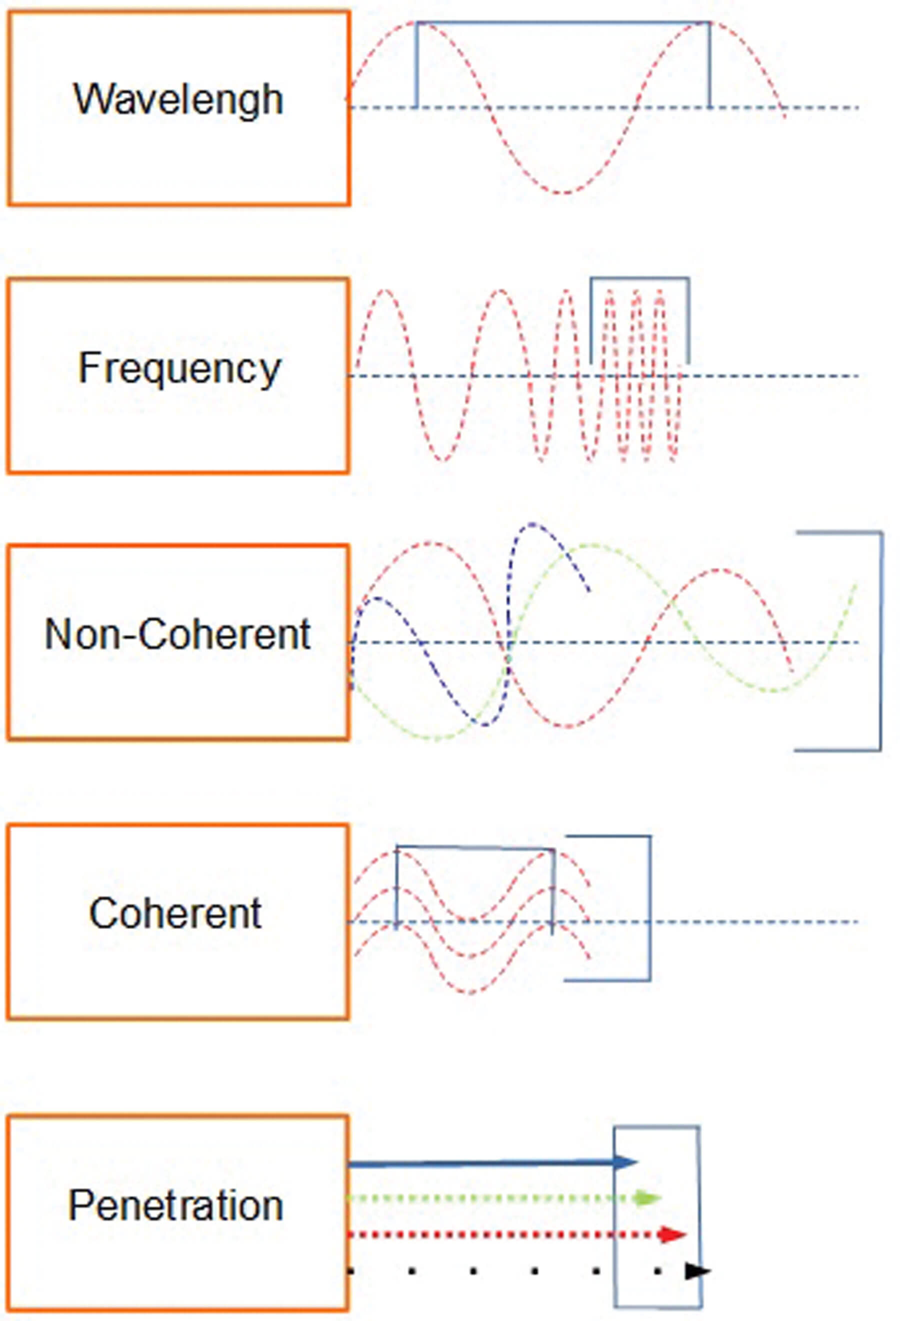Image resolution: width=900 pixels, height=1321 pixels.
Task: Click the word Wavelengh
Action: click(178, 100)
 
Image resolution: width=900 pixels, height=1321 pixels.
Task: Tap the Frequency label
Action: click(179, 368)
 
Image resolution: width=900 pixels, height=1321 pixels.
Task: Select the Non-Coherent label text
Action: click(177, 634)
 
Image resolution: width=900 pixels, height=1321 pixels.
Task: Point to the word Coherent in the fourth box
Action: click(175, 914)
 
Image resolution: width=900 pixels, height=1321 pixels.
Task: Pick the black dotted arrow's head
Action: click(697, 1271)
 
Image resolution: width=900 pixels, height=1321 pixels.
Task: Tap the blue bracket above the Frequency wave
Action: click(639, 278)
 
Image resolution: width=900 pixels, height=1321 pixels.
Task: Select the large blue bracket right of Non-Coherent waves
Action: click(881, 642)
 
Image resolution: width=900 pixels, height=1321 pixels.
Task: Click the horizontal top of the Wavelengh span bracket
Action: click(563, 22)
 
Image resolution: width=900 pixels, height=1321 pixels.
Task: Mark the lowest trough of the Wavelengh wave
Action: click(563, 192)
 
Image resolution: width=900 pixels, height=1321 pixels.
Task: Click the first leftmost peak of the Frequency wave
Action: click(385, 291)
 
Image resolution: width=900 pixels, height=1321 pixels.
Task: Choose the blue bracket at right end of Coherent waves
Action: click(649, 910)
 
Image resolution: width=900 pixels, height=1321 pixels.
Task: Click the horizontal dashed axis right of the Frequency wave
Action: click(773, 376)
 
